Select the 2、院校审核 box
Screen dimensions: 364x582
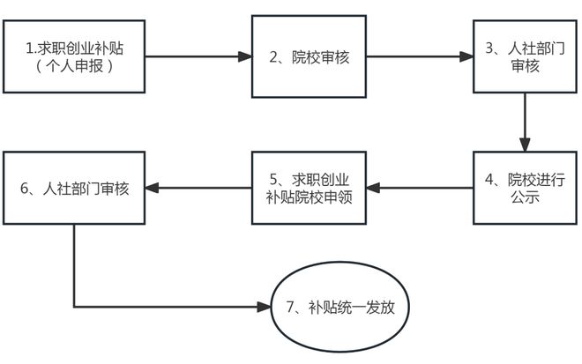(x=309, y=57)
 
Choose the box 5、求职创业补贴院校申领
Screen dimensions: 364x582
(x=309, y=188)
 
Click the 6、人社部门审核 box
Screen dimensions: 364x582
(x=73, y=188)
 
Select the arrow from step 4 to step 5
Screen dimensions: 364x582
(x=419, y=188)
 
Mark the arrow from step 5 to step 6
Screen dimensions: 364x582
(x=198, y=188)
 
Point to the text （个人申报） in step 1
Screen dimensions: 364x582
(x=74, y=67)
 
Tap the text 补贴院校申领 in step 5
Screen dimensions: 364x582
(x=309, y=197)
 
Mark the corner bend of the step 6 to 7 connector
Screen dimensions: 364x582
(x=74, y=308)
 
